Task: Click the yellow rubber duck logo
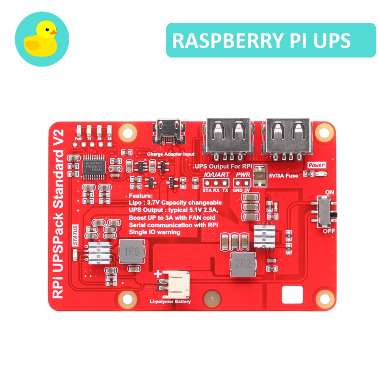(41, 39)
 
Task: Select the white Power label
(317, 165)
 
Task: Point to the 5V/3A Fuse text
(283, 176)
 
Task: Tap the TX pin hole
(225, 183)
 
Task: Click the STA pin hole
(206, 183)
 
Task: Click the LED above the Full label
(79, 130)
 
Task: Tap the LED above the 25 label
(109, 130)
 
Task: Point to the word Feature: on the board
(141, 196)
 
